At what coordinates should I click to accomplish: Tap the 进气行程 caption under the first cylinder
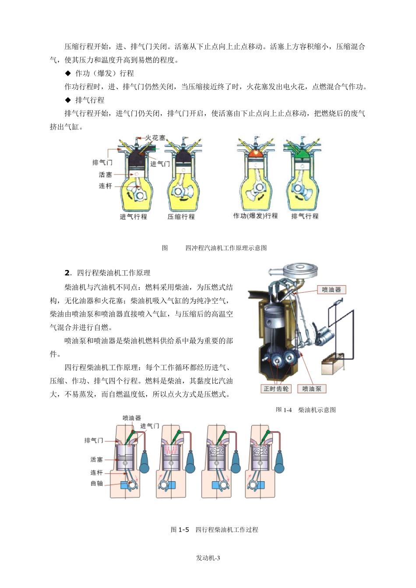pyautogui.click(x=134, y=217)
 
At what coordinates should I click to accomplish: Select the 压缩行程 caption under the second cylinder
pyautogui.click(x=181, y=217)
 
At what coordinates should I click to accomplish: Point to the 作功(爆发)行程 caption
pyautogui.click(x=255, y=216)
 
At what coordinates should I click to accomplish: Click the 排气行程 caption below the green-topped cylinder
pyautogui.click(x=305, y=216)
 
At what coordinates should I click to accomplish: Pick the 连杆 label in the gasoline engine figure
pyautogui.click(x=105, y=186)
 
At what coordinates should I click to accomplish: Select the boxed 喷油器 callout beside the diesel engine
pyautogui.click(x=331, y=290)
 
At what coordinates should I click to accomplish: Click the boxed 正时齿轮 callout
pyautogui.click(x=276, y=388)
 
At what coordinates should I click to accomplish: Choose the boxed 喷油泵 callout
pyautogui.click(x=311, y=388)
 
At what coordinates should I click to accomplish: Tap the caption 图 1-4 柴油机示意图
pyautogui.click(x=306, y=410)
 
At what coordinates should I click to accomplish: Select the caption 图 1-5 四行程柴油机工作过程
pyautogui.click(x=214, y=529)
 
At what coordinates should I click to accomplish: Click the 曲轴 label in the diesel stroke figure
pyautogui.click(x=96, y=483)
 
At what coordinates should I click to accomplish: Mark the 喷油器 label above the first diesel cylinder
pyautogui.click(x=131, y=418)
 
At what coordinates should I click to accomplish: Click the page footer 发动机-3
pyautogui.click(x=208, y=558)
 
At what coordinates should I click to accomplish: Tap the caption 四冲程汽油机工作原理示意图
pyautogui.click(x=226, y=248)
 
